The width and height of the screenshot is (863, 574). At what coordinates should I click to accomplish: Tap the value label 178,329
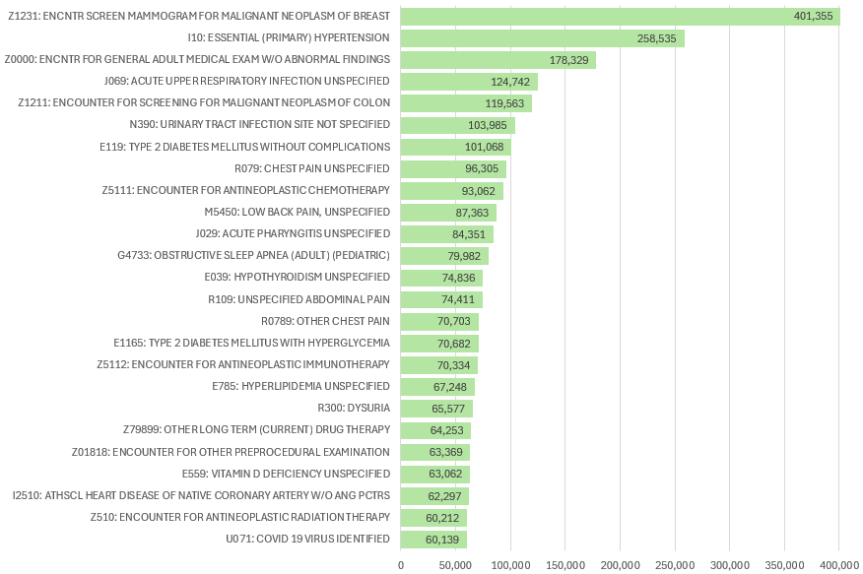point(570,60)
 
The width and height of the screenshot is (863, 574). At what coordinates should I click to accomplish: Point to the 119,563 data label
point(506,103)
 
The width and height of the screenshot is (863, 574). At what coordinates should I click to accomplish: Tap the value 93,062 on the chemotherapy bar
point(478,190)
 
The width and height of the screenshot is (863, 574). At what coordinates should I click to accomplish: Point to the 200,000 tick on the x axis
point(620,564)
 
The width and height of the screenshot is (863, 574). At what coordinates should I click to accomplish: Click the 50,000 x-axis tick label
point(455,564)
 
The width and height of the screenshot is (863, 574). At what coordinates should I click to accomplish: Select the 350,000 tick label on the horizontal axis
point(784,564)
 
